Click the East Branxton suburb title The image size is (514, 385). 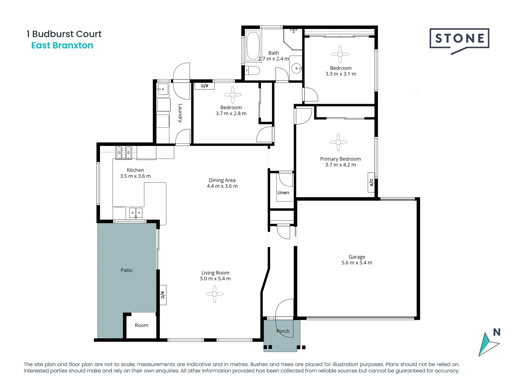tap(62, 46)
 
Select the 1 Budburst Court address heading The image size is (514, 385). tap(64, 34)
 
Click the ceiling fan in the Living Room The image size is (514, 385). tap(215, 294)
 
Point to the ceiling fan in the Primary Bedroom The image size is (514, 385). tap(338, 142)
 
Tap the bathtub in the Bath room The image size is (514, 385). tap(253, 46)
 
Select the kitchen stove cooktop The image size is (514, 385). tap(124, 153)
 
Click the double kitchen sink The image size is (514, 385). tap(136, 213)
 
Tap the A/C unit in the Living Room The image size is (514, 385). tap(162, 295)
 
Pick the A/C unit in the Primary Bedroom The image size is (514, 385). tap(371, 183)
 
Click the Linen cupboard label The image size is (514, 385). tap(283, 193)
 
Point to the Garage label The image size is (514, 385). tap(357, 257)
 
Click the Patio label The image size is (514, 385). tap(126, 271)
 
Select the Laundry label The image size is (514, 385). tap(180, 113)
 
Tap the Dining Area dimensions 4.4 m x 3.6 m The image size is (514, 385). tap(222, 186)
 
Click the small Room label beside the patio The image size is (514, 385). tap(141, 325)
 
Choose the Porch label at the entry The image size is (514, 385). tap(283, 331)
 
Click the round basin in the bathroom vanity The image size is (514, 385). tap(296, 68)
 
